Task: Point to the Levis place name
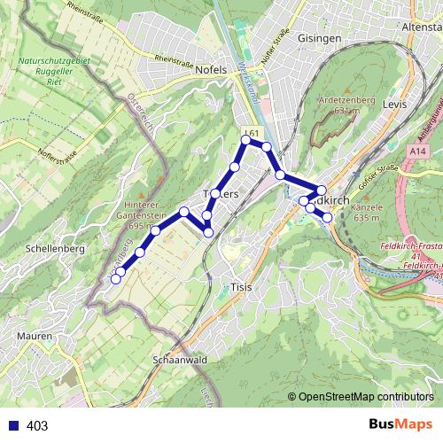pos(394,104)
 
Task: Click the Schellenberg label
pos(55,249)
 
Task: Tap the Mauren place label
pos(35,337)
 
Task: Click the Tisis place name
pos(240,287)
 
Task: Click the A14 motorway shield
pos(417,152)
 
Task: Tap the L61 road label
pos(252,133)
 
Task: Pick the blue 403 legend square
pos(13,425)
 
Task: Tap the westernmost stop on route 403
pos(115,280)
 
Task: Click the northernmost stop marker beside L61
pos(246,140)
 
